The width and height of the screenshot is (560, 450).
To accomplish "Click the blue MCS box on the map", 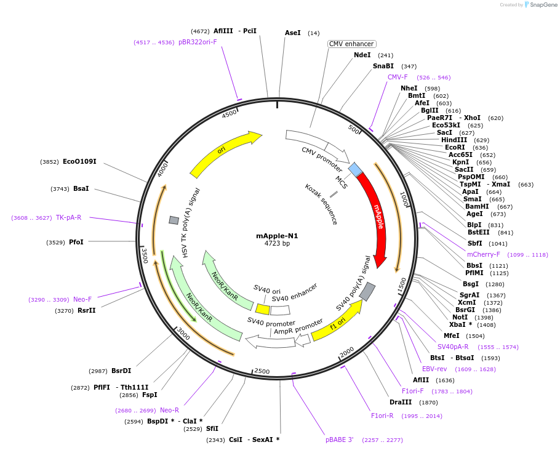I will pos(355,169).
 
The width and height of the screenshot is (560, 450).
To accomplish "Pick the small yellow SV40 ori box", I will pos(263,309).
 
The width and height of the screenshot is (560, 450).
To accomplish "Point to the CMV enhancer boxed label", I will pos(351,44).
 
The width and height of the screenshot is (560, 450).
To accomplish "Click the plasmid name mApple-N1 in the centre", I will pos(277,236).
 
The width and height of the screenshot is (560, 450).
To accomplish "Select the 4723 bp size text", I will pos(277,244).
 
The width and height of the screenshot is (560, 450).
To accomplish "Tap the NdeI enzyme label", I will pos(362,55).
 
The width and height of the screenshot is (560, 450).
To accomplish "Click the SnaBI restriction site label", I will pos(383,66).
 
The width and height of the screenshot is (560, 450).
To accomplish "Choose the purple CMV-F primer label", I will pos(398,77).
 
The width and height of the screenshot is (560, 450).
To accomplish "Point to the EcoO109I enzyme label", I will pos(79,162).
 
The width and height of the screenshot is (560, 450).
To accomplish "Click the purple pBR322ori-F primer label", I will pos(198,42).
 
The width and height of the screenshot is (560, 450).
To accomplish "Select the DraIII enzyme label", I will pos(401,402).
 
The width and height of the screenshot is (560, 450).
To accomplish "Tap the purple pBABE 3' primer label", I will pos(340,440).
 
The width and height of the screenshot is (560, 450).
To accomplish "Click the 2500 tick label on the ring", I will pos(262,371).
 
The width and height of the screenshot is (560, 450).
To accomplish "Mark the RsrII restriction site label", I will pos(87,310).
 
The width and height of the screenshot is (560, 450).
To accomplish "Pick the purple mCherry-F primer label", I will pos(484,254).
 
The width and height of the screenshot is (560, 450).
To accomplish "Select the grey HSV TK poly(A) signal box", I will pos(174,220).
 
